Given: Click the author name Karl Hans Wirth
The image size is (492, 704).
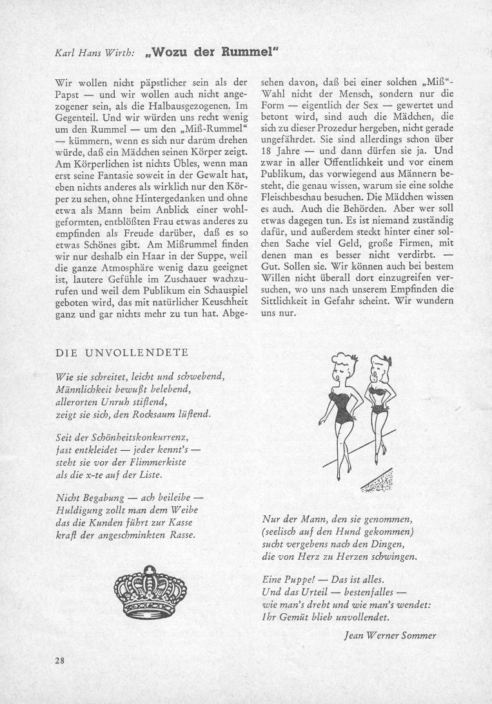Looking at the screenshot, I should point(95,54).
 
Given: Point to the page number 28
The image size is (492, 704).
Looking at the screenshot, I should point(60,660).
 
